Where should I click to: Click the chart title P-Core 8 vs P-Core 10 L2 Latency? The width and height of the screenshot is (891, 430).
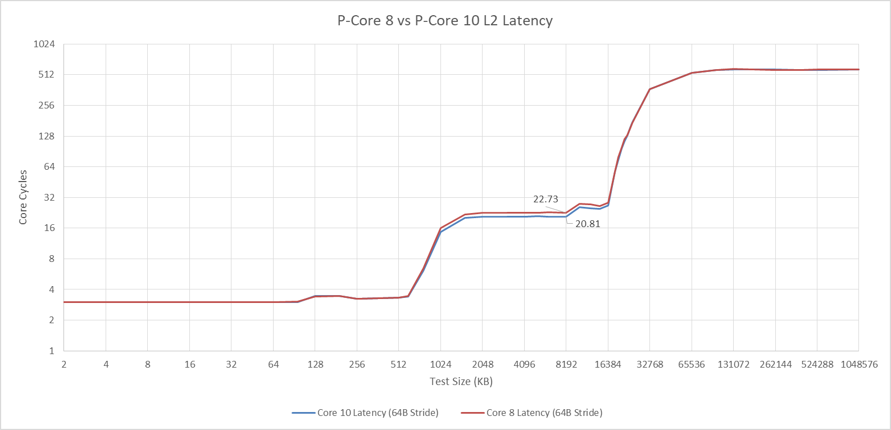coord(445,20)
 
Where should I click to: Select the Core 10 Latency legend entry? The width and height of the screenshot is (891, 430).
coord(365,413)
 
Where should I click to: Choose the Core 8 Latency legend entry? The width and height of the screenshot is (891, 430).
coord(532,413)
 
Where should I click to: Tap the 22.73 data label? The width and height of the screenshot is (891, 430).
coord(545,199)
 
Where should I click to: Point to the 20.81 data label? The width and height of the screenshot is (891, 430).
coord(588,224)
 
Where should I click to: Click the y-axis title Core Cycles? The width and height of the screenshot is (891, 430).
coord(22,197)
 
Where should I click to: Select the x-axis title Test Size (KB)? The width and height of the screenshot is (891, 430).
coord(461,382)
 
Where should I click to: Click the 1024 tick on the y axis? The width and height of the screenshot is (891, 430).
coord(44,44)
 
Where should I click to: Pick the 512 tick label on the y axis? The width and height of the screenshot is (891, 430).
coord(46,74)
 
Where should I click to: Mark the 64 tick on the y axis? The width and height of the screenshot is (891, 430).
coord(49,166)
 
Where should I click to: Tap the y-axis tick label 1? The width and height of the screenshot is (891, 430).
coord(52,351)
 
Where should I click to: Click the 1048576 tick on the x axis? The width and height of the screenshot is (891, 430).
coord(859,364)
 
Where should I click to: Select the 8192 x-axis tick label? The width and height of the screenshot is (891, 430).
coord(566,364)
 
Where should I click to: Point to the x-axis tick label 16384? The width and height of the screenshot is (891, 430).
coord(608,364)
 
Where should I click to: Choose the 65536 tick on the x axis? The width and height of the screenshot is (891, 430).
coord(692,364)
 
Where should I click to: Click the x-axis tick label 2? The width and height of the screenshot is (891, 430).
coord(63,364)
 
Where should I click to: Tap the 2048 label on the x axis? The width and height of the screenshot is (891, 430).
coord(483,364)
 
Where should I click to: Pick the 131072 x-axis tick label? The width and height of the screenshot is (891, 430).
coord(734,364)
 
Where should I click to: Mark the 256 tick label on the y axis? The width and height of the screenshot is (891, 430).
coord(46,105)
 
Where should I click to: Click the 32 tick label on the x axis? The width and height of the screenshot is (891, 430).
coord(231,364)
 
